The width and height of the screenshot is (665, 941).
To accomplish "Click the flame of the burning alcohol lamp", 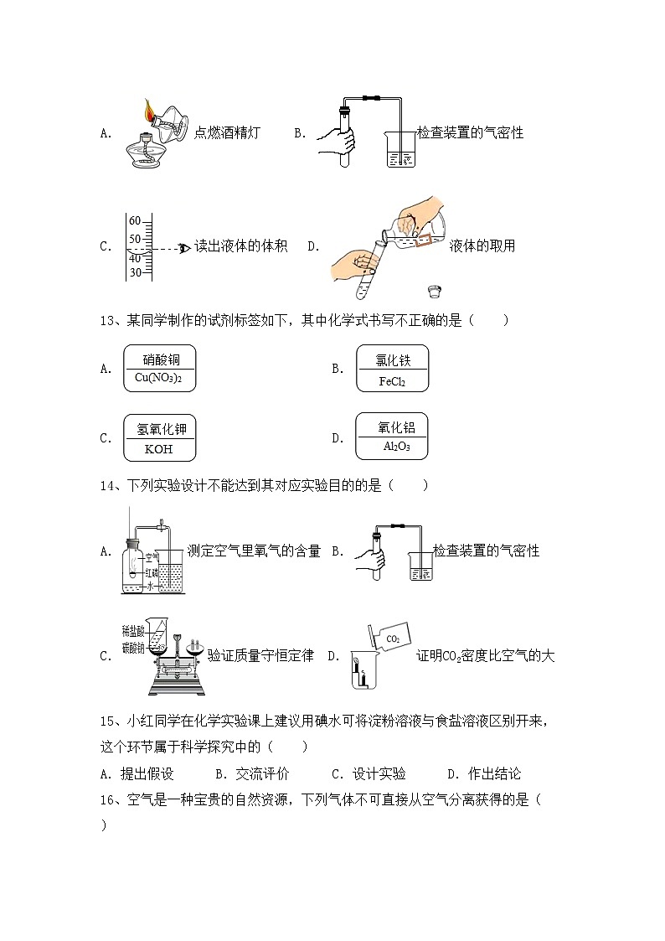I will click(149, 109).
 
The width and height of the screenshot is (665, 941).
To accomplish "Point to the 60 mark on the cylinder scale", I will click(135, 221).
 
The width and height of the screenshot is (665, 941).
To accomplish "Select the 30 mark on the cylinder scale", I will click(135, 271).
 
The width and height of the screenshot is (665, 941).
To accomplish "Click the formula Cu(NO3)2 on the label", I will click(158, 379).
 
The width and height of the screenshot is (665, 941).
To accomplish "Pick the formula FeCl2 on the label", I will click(392, 381).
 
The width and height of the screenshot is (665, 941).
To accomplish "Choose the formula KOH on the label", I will click(158, 449).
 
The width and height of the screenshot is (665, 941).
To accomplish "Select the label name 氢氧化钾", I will click(161, 429).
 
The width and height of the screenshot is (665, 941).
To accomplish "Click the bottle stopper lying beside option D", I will click(434, 292).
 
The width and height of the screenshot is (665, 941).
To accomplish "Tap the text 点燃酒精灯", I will click(227, 132).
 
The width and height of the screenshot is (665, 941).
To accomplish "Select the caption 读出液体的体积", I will click(241, 246).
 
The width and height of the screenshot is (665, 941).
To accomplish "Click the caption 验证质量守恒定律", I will click(260, 656).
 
